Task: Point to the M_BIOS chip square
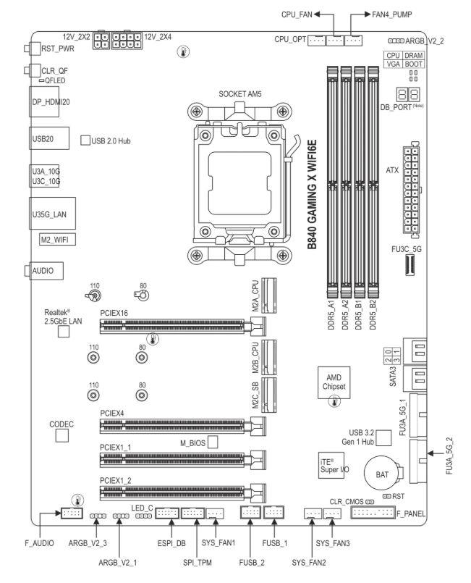pyautogui.click(x=213, y=442)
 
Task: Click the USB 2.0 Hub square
pyautogui.click(x=85, y=139)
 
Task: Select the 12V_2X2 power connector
pyautogui.click(x=101, y=41)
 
